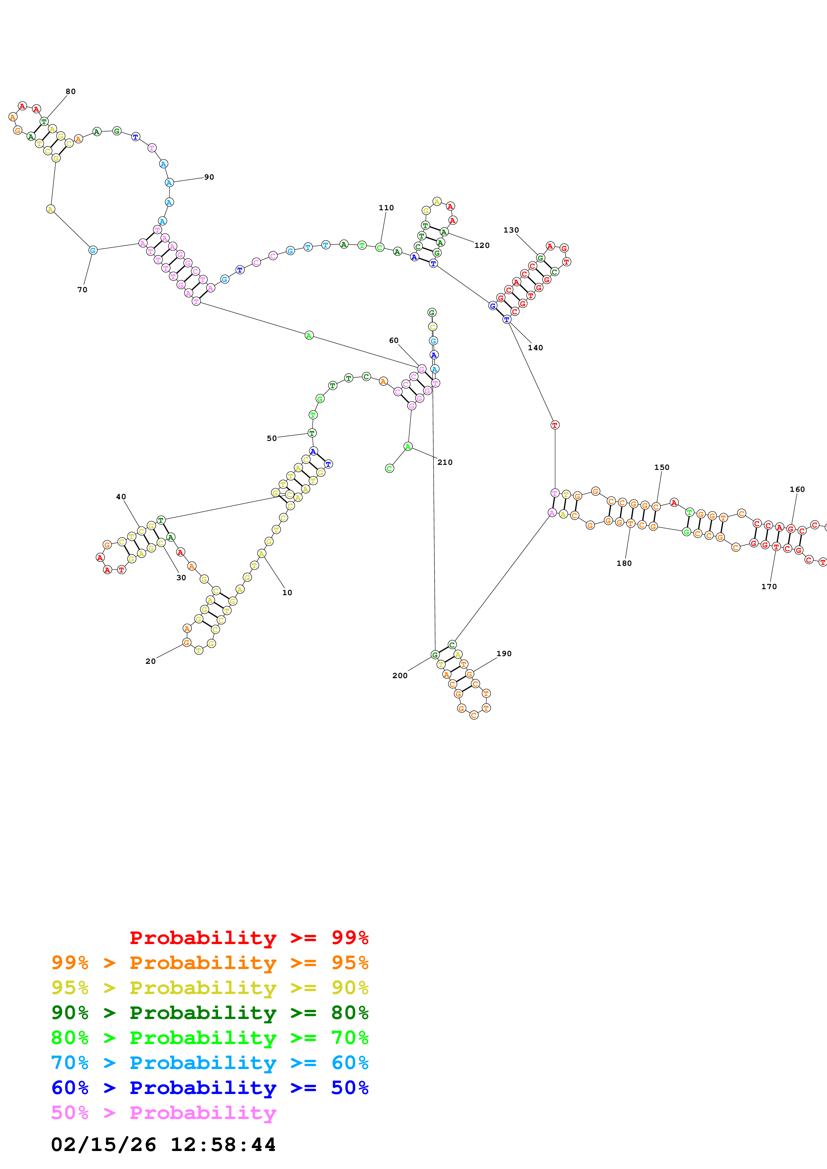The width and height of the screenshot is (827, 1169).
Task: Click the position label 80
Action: pyautogui.click(x=70, y=92)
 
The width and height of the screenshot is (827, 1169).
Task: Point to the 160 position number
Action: pyautogui.click(x=797, y=489)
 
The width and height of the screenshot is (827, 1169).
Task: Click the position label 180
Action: pyautogui.click(x=624, y=563)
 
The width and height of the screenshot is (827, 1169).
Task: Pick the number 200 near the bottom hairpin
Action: pyautogui.click(x=399, y=675)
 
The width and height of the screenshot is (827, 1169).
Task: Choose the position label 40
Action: pyautogui.click(x=121, y=497)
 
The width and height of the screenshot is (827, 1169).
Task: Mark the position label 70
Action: pyautogui.click(x=82, y=290)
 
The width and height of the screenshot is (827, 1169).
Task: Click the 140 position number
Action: pyautogui.click(x=535, y=348)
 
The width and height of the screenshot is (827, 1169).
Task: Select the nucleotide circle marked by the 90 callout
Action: pyautogui.click(x=169, y=183)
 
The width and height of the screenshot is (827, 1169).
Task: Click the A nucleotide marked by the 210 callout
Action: pyautogui.click(x=408, y=447)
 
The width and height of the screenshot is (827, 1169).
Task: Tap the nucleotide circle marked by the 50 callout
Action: pyautogui.click(x=312, y=433)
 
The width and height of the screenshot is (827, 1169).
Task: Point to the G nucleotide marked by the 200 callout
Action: pyautogui.click(x=435, y=655)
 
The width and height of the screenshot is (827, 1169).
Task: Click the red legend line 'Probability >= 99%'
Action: pyautogui.click(x=249, y=937)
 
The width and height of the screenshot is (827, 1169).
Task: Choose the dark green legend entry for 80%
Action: pyautogui.click(x=210, y=1013)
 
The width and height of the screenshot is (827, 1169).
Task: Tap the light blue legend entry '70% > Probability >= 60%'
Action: pyautogui.click(x=210, y=1063)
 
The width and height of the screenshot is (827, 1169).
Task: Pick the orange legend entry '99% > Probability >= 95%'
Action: pyautogui.click(x=210, y=963)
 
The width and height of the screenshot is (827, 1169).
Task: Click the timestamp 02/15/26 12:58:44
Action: pyautogui.click(x=163, y=1145)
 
